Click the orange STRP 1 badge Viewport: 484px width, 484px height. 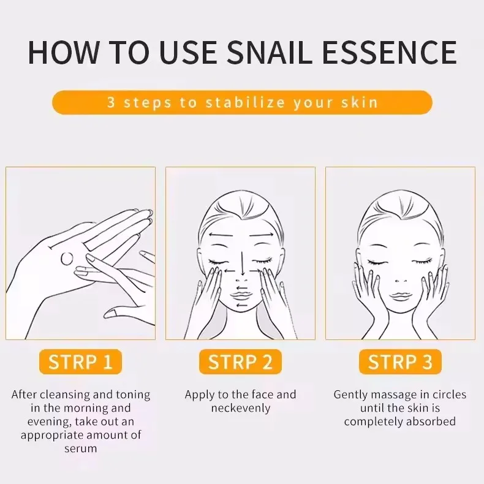pos(80,361)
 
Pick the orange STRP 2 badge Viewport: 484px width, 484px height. pos(240,361)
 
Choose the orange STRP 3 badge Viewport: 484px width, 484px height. pos(400,361)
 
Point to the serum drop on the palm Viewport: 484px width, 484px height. pos(67,259)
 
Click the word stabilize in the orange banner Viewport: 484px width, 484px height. pos(246,102)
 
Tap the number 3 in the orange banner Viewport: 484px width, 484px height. pos(111,102)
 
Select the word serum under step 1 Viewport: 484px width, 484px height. pos(80,448)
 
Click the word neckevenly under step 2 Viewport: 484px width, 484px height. pos(240,408)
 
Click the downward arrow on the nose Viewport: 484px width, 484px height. pos(243,263)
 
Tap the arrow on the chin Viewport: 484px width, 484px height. pos(243,306)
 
